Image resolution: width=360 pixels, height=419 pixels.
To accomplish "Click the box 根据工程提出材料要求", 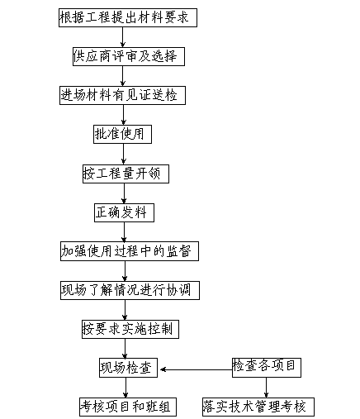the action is (x=128, y=17).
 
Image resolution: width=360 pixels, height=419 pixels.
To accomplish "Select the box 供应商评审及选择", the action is (x=129, y=56).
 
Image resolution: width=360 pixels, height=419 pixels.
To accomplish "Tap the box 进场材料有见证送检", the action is (x=122, y=95).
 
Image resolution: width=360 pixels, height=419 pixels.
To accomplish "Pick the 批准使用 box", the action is (x=122, y=134).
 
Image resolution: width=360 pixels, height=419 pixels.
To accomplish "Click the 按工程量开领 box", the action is (x=126, y=174).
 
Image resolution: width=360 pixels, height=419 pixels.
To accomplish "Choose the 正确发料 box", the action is (x=124, y=212).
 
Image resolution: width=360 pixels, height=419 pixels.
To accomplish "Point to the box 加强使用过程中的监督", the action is (x=130, y=251).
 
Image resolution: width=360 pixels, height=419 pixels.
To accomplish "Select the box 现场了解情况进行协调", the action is (x=130, y=290).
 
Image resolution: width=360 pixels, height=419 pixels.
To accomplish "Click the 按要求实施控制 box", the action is (x=130, y=329).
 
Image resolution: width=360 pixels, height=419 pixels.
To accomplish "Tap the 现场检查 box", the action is (x=128, y=368).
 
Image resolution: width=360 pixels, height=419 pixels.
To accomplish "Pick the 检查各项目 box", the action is (x=267, y=368).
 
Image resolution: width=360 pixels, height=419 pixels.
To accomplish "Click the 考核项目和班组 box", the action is (x=128, y=407).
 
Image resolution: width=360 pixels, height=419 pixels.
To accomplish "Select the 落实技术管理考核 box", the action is (x=258, y=407).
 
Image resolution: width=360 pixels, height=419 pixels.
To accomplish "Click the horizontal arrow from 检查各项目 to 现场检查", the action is (x=196, y=369).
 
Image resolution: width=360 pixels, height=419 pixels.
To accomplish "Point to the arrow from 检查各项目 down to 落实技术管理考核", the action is (x=266, y=388).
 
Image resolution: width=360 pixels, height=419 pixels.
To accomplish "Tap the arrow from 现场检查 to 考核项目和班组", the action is (x=126, y=388).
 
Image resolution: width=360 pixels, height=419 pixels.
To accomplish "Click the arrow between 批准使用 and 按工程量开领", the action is (x=123, y=154).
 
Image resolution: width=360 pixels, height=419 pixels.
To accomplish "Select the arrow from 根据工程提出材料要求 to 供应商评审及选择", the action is (x=122, y=37).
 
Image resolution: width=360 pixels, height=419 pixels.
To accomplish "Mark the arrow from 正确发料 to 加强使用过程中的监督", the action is (x=124, y=232).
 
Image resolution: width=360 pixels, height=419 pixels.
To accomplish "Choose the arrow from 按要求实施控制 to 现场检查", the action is (x=125, y=349).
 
